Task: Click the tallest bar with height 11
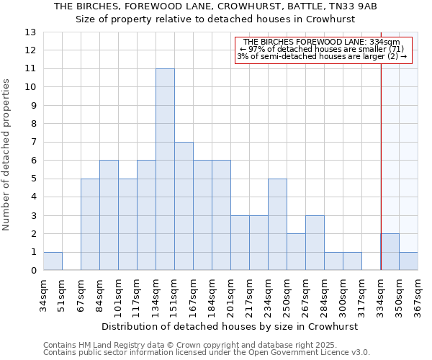point(165,169)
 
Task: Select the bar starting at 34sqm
point(53,261)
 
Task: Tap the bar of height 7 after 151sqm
point(184,206)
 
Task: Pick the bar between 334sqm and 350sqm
point(390,252)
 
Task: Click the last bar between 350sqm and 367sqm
point(409,261)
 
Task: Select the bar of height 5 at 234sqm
point(277,225)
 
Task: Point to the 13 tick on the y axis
point(30,32)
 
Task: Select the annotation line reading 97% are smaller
point(323,49)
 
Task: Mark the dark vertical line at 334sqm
point(381,166)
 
